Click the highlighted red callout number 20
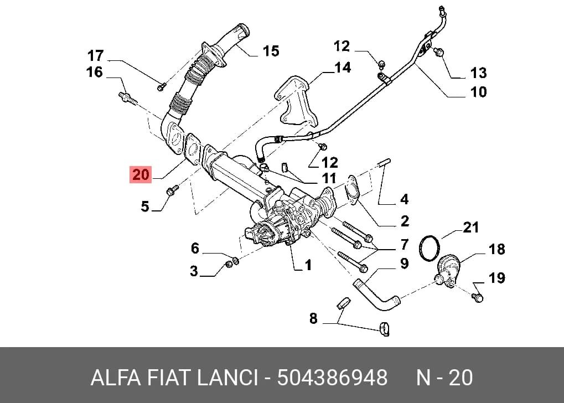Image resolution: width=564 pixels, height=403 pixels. coord(141,175)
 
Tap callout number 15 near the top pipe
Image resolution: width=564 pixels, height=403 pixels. coord(271,51)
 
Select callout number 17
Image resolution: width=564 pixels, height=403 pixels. coord(95,56)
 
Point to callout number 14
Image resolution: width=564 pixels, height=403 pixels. coord(342,68)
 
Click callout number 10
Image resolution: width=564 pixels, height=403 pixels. coord(478,92)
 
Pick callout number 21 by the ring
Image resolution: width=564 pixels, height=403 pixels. coord(470,228)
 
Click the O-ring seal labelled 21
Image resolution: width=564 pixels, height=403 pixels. coord(430,247)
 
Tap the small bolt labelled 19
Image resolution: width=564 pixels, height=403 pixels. coord(477,297)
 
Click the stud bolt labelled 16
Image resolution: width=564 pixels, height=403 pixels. coord(127,98)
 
